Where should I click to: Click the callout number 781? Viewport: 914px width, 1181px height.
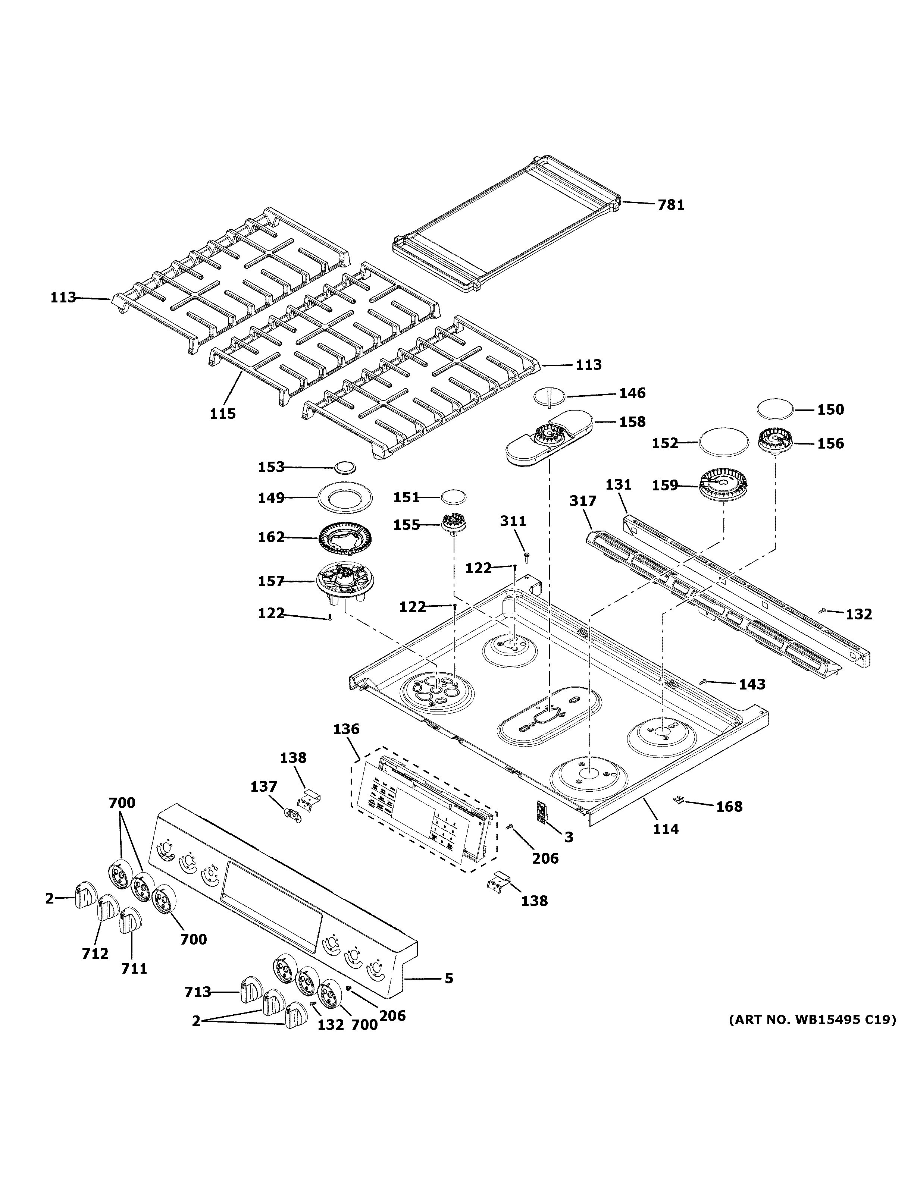tap(671, 205)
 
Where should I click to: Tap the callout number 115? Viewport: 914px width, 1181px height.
tap(223, 414)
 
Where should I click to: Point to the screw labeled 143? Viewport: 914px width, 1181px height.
tap(703, 682)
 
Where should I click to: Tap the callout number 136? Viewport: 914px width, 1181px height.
tap(346, 729)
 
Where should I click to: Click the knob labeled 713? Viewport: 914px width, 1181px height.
tap(250, 991)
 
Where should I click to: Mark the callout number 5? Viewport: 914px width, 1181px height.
tap(448, 978)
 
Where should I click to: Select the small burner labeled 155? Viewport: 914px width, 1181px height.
tap(455, 524)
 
